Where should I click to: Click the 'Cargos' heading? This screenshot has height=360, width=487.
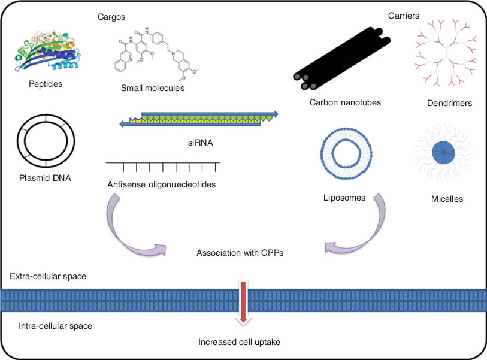coord(111,17)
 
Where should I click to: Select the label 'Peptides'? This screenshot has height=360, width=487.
coord(46,84)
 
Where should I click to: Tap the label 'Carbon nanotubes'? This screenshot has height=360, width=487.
coord(345,102)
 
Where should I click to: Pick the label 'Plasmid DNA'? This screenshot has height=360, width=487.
coord(46,177)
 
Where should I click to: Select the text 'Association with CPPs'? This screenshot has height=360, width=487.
coord(240,253)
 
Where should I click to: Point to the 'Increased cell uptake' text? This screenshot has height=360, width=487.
coord(240,343)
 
